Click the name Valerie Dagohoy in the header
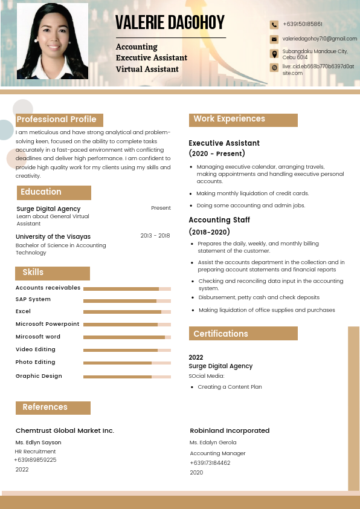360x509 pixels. [x=170, y=23]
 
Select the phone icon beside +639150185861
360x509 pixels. [x=274, y=25]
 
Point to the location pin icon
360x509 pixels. [x=274, y=53]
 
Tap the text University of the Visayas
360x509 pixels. [x=53, y=236]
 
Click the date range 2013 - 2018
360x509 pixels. [x=155, y=236]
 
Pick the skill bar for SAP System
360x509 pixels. [x=127, y=300]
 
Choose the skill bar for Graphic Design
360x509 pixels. [x=127, y=377]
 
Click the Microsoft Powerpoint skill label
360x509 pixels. [x=47, y=324]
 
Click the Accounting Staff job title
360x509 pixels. [x=219, y=220]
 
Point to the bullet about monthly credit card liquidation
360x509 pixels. [x=252, y=193]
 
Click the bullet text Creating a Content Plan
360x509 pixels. [x=230, y=387]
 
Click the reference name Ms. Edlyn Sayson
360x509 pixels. [x=39, y=443]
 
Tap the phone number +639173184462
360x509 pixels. [x=210, y=463]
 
